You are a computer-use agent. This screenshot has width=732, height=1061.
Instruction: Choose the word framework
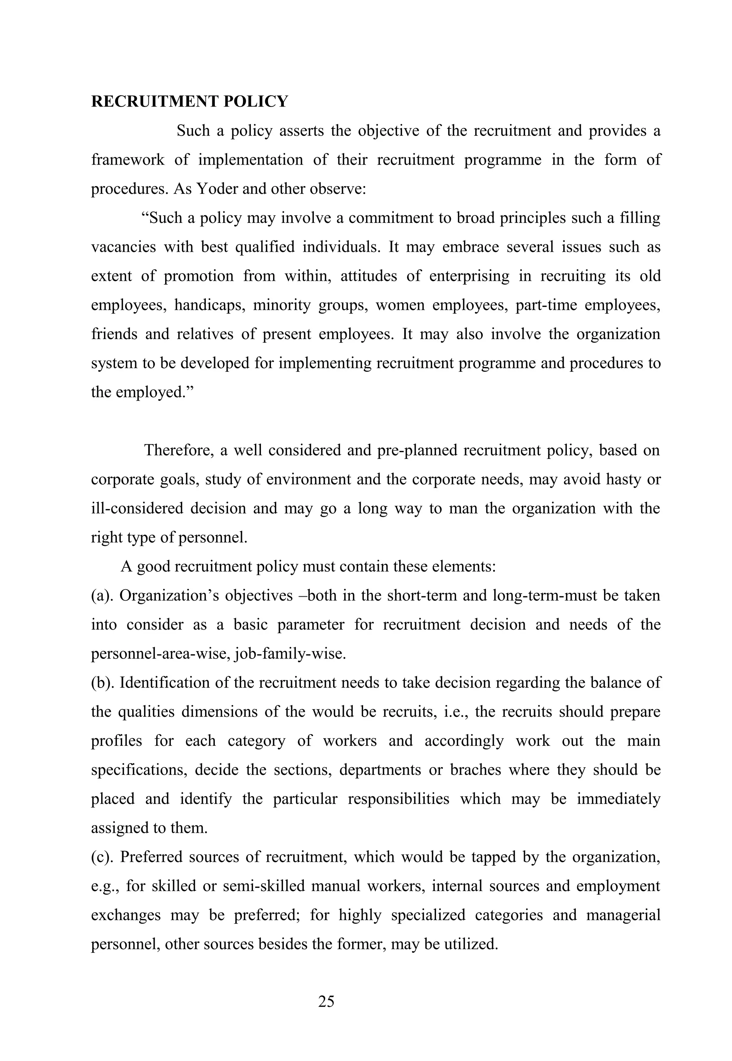(x=128, y=160)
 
